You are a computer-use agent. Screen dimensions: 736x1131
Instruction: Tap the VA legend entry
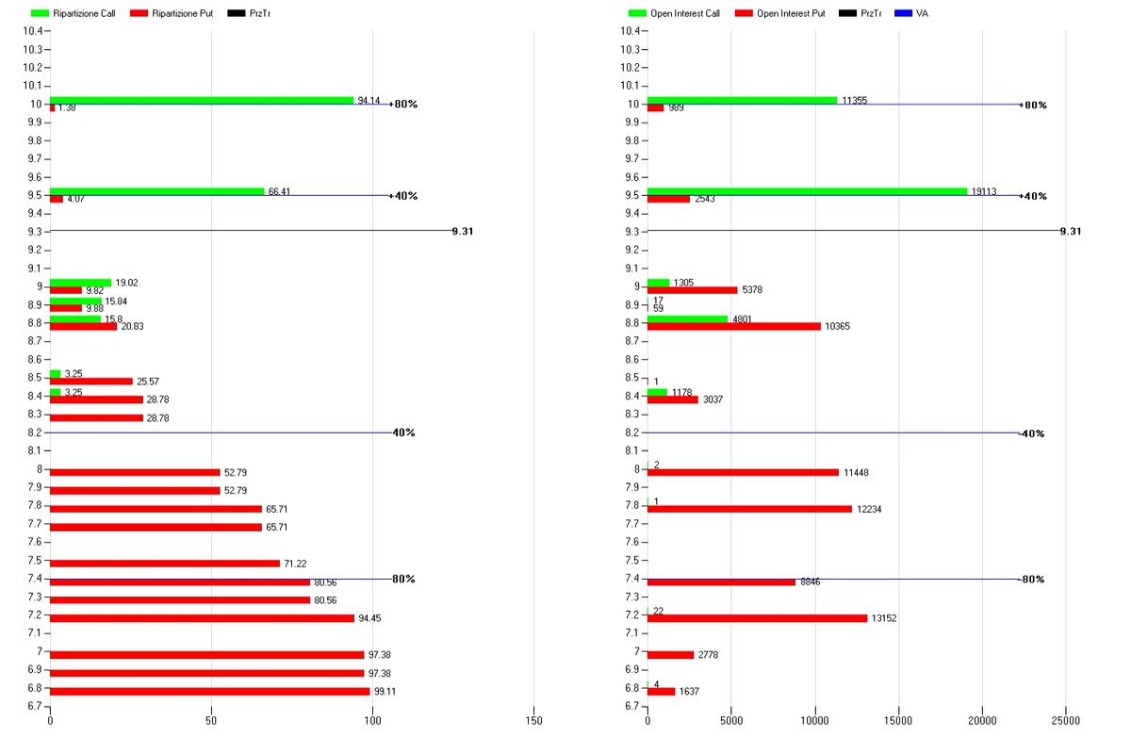click(x=921, y=14)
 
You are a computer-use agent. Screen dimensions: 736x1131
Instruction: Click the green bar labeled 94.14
click(x=201, y=100)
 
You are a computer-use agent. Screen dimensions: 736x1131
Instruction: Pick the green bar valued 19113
click(x=807, y=191)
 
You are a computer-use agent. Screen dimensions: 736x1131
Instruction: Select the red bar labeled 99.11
click(x=209, y=691)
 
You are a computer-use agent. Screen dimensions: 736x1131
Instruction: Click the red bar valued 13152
click(x=757, y=618)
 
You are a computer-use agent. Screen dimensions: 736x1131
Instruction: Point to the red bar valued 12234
click(x=749, y=509)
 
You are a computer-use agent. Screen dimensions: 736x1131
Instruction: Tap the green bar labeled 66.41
click(x=156, y=191)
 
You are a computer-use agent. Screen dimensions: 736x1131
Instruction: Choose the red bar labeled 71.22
click(x=164, y=564)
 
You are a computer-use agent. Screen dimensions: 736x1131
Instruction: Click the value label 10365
click(x=838, y=327)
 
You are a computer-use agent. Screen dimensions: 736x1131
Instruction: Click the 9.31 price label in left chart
click(x=462, y=231)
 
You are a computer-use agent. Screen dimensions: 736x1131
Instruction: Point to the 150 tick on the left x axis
click(x=533, y=721)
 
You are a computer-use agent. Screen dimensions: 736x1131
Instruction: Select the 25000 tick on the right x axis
click(x=1066, y=721)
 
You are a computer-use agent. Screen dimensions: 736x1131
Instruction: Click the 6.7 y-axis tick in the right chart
click(x=631, y=706)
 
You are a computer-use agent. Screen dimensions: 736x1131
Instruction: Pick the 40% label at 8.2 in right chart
click(x=1034, y=433)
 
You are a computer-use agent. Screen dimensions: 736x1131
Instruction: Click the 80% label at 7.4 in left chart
click(x=404, y=579)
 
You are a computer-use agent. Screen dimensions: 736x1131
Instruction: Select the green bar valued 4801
click(x=687, y=319)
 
